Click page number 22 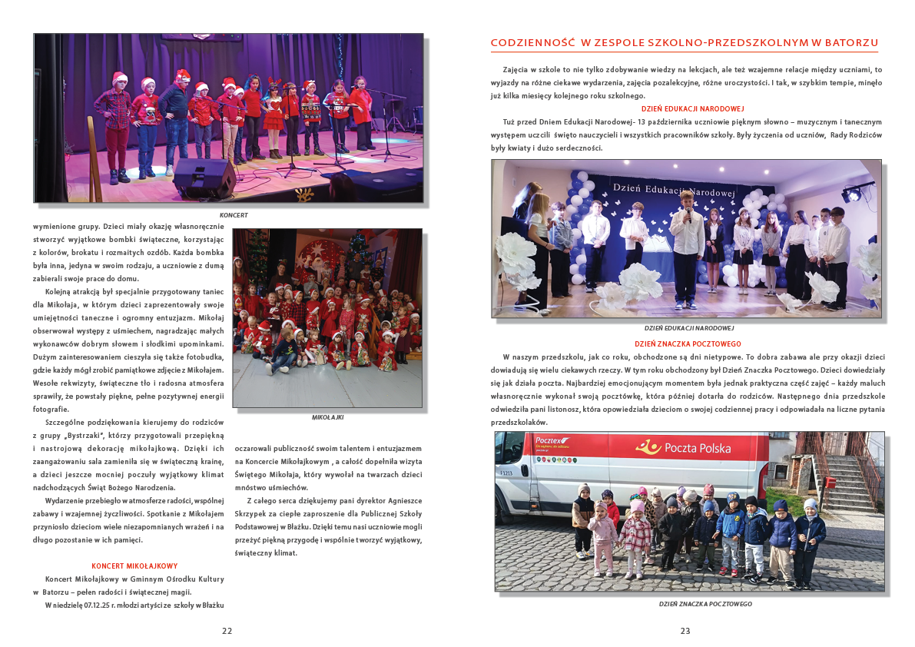click(x=227, y=631)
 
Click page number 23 click(x=685, y=631)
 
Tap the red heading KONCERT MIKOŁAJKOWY click(x=134, y=566)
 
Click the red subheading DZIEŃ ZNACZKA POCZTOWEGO click(x=688, y=344)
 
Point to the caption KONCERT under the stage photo click(x=234, y=215)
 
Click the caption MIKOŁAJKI click(x=327, y=417)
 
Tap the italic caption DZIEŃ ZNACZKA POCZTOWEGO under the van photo click(x=705, y=604)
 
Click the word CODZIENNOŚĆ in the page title click(x=532, y=43)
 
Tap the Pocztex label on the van click(x=549, y=440)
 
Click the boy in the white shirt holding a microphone click(x=686, y=238)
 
